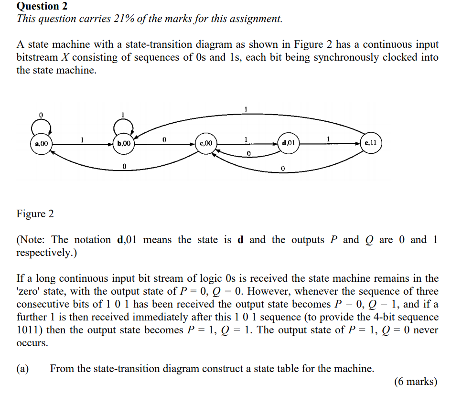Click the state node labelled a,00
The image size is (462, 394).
point(41,143)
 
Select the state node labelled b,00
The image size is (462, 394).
point(124,143)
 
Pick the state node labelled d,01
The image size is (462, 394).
point(289,143)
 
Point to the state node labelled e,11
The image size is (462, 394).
point(371,143)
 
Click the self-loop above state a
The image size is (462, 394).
point(41,127)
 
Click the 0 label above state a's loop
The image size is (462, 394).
point(41,115)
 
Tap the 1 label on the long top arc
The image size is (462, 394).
point(246,109)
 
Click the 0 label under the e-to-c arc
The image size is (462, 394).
point(283,169)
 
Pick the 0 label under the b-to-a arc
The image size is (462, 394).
point(124,167)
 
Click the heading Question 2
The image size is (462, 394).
point(42,6)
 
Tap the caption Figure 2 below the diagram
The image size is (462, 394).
point(35,213)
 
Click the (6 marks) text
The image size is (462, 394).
point(416,381)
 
